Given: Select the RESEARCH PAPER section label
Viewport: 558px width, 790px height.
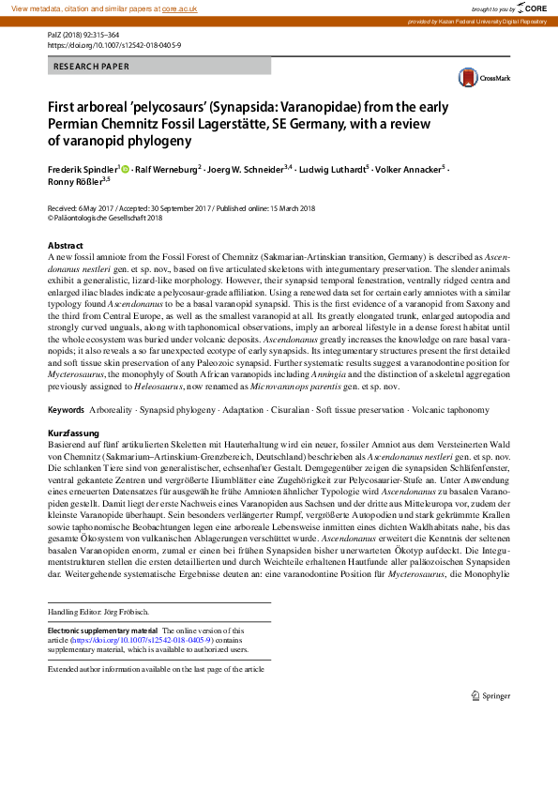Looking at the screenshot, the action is pyautogui.click(x=91, y=67).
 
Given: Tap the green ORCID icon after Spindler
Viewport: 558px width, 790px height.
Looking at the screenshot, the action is pyautogui.click(x=125, y=169).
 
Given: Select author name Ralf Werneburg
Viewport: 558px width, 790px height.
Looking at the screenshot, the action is pyautogui.click(x=168, y=169).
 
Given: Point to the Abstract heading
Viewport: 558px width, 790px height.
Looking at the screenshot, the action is pyautogui.click(x=65, y=244).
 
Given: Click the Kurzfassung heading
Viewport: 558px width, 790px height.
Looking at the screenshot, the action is pyautogui.click(x=73, y=455).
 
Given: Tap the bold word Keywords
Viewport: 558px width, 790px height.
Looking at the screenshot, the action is pyautogui.click(x=66, y=437).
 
